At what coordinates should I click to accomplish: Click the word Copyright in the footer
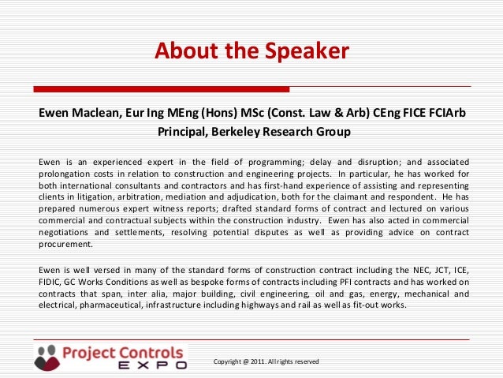[x=229, y=361]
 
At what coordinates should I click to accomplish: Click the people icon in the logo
[x=47, y=357]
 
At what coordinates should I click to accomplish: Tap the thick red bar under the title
[x=161, y=88]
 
